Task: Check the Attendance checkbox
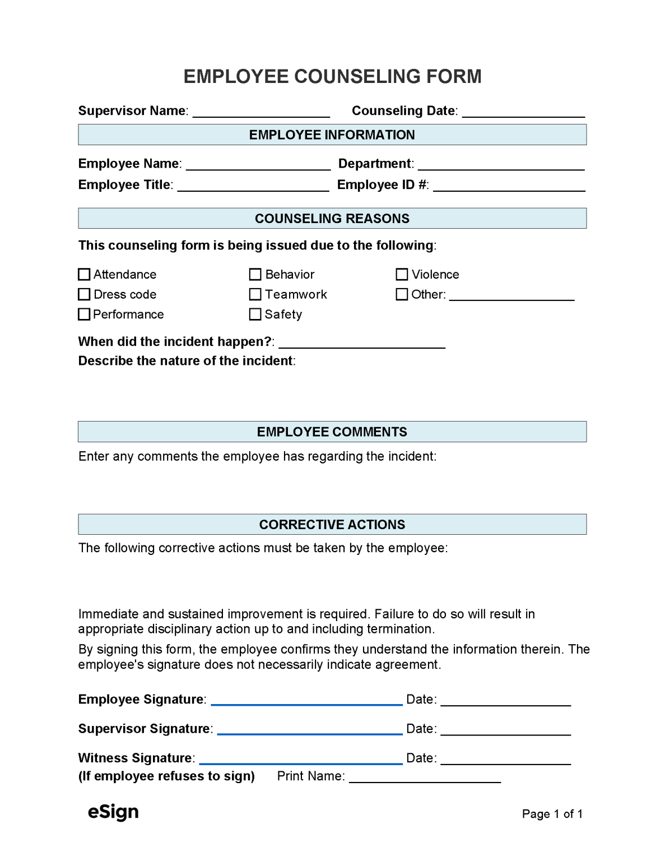point(84,275)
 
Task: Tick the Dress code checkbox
point(84,294)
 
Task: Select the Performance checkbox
point(84,314)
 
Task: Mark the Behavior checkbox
point(255,275)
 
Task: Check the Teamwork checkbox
point(255,294)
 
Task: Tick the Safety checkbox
point(255,314)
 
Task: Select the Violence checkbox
point(402,275)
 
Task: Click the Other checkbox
point(402,294)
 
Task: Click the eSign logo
point(113,812)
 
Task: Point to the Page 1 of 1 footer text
point(552,814)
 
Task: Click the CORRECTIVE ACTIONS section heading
point(332,525)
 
